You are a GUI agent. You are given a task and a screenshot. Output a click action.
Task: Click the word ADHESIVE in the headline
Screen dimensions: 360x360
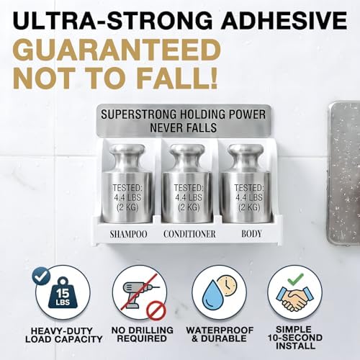284,20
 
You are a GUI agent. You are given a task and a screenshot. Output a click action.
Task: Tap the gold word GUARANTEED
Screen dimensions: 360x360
117,50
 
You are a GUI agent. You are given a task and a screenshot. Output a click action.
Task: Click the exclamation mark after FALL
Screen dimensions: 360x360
211,78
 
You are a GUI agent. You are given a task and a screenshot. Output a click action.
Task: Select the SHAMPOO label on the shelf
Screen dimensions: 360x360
129,234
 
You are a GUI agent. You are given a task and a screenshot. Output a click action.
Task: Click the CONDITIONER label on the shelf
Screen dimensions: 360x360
189,234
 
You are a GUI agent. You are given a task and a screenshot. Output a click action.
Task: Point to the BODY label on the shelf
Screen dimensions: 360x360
251,234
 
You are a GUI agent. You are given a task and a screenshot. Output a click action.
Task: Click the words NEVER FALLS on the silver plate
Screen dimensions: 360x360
184,127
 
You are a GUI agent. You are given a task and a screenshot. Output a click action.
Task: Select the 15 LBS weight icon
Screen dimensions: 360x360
63,293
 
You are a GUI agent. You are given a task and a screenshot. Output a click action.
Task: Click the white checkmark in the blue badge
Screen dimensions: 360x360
41,276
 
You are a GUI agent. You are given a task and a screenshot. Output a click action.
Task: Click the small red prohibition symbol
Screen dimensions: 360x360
156,310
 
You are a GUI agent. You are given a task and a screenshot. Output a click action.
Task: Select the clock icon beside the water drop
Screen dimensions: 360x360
227,286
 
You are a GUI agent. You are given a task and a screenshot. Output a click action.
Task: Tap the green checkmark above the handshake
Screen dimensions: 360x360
295,279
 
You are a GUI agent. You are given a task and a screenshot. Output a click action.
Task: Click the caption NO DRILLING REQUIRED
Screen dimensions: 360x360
142,334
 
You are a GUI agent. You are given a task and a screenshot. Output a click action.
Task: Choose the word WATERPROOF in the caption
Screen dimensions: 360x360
220,330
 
